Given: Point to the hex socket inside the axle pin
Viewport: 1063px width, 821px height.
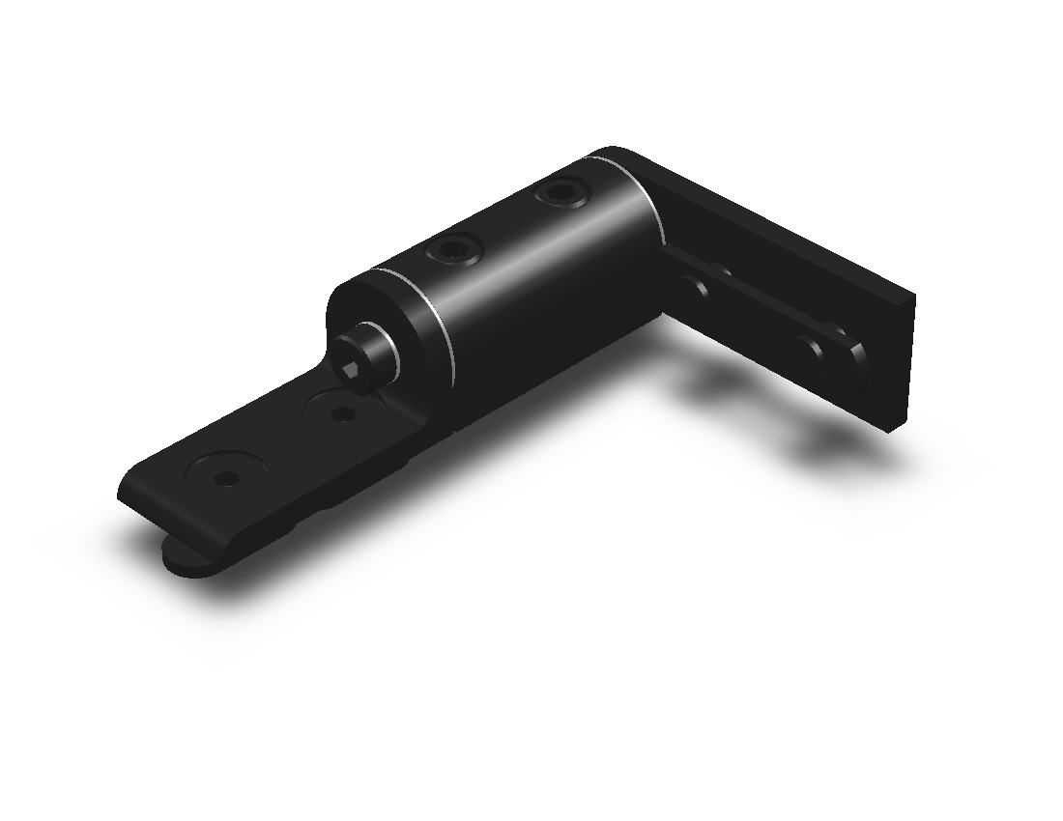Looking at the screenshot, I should point(353,368).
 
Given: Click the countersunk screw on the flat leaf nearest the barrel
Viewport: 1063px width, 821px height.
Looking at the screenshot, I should point(340,415).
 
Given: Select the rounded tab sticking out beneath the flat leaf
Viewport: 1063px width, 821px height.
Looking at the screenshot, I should point(184,557).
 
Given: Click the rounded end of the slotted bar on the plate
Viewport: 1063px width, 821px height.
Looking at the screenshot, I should point(850,357).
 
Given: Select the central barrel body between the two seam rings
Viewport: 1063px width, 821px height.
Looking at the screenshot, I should point(541,280).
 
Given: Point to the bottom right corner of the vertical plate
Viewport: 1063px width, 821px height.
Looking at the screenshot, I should point(894,428).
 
